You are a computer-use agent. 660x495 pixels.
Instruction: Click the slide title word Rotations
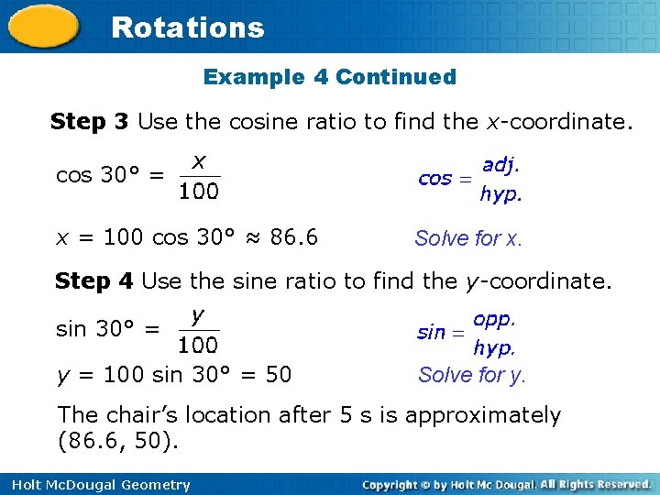point(187,27)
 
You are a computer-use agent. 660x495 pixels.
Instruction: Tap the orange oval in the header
point(44,27)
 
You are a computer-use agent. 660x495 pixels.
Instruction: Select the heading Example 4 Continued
point(329,77)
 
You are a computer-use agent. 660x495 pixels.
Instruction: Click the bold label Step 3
point(90,121)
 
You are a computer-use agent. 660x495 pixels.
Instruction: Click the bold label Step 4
point(94,280)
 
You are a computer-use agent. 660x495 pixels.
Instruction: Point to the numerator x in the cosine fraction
point(199,161)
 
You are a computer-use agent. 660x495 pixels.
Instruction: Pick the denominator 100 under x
point(199,192)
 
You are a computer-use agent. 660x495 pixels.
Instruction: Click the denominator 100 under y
point(198,346)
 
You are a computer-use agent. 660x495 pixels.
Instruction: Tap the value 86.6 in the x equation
point(294,237)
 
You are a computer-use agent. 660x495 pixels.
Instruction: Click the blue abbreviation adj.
point(500,165)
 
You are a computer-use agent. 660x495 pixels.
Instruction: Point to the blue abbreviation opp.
point(495,320)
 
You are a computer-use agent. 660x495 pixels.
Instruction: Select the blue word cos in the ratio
point(434,179)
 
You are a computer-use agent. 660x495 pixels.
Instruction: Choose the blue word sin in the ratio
point(431,333)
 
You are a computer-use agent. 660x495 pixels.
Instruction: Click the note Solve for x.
point(468,239)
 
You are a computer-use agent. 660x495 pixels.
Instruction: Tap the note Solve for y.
point(472,375)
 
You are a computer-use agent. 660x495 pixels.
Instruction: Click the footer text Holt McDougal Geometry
point(96,485)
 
